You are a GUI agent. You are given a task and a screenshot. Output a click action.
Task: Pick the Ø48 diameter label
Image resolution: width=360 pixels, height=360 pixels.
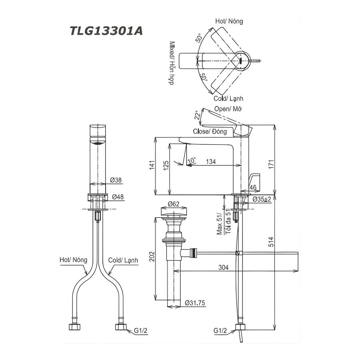pos(117,197)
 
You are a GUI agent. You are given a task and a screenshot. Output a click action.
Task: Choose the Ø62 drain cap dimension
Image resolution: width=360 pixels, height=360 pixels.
pos(174,204)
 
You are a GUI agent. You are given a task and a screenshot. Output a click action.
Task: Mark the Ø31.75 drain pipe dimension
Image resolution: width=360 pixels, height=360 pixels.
pos(195,304)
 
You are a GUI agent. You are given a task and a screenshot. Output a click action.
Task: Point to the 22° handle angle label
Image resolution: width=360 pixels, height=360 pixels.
pos(196,116)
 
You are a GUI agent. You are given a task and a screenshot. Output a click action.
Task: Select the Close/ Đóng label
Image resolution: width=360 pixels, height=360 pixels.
pos(210,131)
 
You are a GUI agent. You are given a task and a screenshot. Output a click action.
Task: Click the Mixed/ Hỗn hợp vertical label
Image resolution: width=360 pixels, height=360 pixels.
pos(172,64)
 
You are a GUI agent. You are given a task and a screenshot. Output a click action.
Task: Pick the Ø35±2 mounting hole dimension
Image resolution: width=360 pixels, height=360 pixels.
pos(262,198)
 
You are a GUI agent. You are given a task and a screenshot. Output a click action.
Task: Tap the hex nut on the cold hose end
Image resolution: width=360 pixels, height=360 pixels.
pos(120,327)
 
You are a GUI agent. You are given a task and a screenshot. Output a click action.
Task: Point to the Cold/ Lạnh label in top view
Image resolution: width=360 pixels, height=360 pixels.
pos(228,98)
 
